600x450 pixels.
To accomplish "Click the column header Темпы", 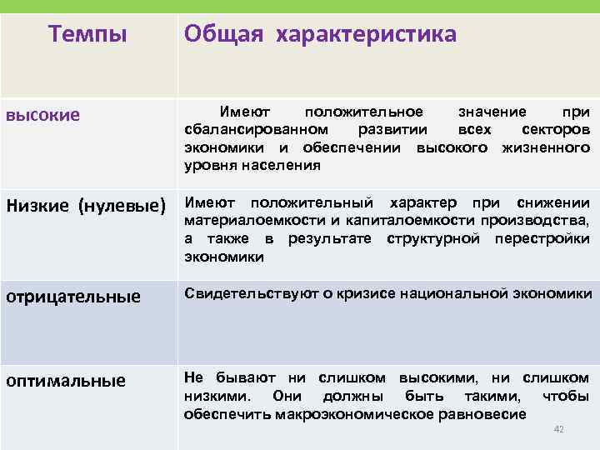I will pyautogui.click(x=87, y=34).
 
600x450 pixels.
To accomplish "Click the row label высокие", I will pyautogui.click(x=43, y=115).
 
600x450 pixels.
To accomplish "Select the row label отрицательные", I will pyautogui.click(x=73, y=296).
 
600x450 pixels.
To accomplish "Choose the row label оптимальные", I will pyautogui.click(x=66, y=381).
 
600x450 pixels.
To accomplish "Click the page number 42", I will pyautogui.click(x=559, y=429).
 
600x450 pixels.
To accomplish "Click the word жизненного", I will pyautogui.click(x=546, y=147).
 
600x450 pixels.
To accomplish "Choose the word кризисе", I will pyautogui.click(x=367, y=293).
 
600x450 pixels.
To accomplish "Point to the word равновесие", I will pyautogui.click(x=484, y=414).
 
